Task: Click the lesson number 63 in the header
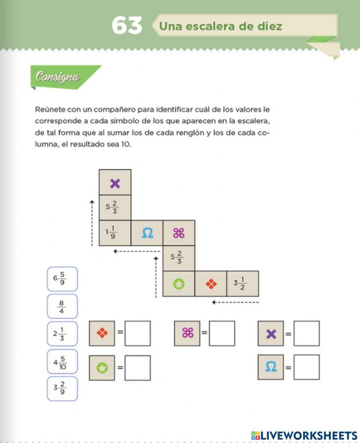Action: [127, 26]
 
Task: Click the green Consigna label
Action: [58, 77]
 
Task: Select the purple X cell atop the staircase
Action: [115, 184]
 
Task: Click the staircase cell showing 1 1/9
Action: [115, 233]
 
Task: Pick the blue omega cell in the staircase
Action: [147, 233]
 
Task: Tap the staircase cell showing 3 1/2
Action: [242, 284]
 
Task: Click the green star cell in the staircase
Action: [179, 284]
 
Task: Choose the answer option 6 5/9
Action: [62, 279]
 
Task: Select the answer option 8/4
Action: [62, 306]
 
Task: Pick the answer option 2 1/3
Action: [62, 334]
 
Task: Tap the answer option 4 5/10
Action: [62, 361]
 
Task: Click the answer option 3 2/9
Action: [62, 389]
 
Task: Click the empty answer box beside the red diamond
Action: [138, 334]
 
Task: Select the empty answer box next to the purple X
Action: [306, 334]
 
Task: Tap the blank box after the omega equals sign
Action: [306, 367]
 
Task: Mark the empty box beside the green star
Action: [138, 368]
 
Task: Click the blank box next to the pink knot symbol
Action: [222, 334]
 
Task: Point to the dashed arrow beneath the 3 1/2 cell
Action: [235, 302]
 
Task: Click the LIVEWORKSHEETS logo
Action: [304, 435]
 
